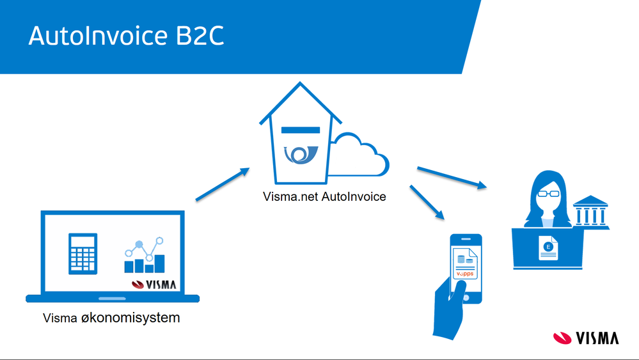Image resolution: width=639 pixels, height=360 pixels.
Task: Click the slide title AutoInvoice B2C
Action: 127,36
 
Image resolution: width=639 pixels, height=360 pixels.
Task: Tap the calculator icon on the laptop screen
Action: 83,254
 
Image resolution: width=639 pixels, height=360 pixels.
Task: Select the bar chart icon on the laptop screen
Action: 145,255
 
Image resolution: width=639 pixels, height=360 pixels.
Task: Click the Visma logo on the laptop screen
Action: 154,285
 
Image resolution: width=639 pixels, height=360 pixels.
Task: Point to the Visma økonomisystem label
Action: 111,318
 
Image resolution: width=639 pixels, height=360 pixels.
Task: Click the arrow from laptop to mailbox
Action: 223,184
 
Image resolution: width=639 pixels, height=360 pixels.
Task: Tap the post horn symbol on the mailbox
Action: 301,155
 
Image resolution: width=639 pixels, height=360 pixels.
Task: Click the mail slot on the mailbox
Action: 301,130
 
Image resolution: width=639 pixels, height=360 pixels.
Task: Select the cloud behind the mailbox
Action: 359,155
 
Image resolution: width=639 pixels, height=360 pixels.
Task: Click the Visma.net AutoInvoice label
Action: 324,197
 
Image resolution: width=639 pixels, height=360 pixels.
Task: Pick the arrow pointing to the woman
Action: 452,178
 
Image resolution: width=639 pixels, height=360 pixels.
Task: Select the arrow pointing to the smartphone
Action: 427,203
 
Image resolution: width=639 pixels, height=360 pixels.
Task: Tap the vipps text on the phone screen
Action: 465,274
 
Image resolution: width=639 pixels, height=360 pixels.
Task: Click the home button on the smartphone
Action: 466,298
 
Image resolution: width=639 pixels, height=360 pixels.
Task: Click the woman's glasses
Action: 549,194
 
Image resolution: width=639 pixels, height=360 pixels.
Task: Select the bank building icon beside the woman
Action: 590,212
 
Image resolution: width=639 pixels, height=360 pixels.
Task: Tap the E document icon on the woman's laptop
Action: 548,248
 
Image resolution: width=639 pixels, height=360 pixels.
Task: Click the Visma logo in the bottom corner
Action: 586,338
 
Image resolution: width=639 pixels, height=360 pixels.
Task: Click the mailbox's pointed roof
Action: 301,102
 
